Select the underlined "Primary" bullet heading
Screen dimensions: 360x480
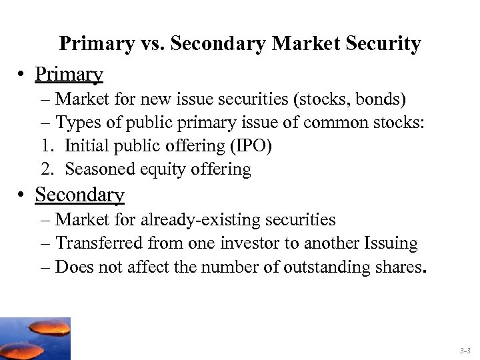69,74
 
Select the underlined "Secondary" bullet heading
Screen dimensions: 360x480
79,195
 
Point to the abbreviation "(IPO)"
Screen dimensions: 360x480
250,146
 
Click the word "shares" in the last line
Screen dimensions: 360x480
399,267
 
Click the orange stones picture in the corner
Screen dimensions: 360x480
35,339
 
